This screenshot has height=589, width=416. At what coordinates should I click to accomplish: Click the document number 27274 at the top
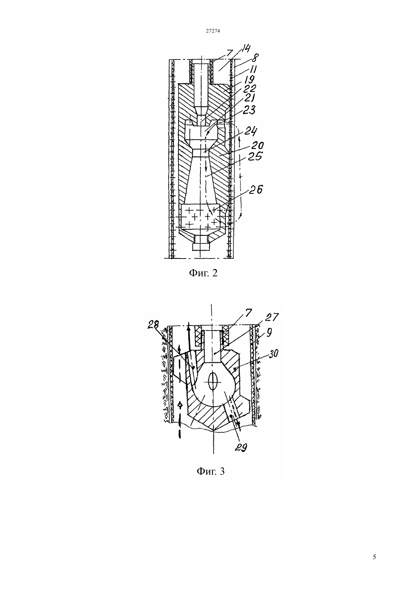(x=213, y=31)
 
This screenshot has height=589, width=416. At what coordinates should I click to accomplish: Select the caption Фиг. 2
(x=203, y=273)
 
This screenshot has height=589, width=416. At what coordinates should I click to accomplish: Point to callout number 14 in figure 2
(x=245, y=49)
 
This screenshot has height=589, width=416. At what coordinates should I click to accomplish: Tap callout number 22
(x=250, y=89)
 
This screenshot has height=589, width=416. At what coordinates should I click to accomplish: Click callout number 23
(x=248, y=110)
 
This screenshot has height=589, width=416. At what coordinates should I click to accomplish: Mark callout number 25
(x=255, y=157)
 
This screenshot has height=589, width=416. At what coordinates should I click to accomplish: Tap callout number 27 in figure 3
(x=272, y=317)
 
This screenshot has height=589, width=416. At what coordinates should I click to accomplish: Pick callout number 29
(x=241, y=447)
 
